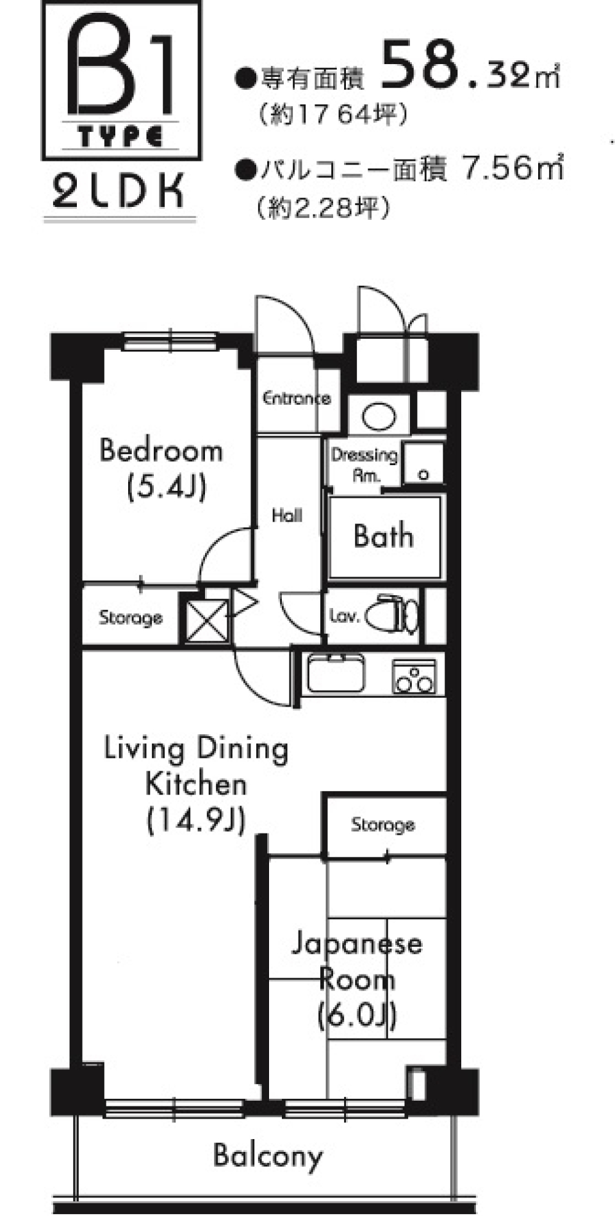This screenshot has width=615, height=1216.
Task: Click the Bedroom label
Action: point(161,450)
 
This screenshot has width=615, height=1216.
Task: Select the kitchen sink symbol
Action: point(336,673)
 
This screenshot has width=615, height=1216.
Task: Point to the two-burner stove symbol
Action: point(414,677)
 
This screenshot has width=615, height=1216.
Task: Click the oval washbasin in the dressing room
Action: point(379,417)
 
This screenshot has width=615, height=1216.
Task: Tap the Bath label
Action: point(383,536)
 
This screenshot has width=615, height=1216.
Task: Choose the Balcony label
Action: point(268,1155)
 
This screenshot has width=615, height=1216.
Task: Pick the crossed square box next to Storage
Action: point(207,620)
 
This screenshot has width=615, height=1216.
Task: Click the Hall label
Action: point(286,515)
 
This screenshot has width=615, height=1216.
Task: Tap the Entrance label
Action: point(297,398)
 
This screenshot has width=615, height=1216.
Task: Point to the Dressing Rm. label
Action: point(364,464)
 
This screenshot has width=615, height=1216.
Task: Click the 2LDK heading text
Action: point(119,190)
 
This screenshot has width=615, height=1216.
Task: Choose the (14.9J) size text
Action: point(196,820)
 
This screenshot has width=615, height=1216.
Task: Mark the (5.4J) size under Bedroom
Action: point(166,487)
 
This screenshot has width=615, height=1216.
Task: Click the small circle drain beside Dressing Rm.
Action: point(423,475)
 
